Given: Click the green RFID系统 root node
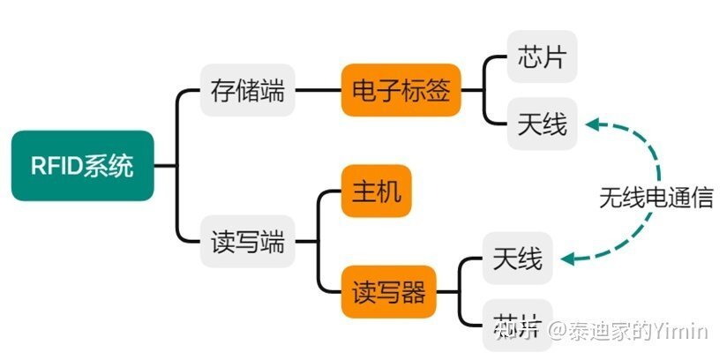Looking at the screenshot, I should pos(83,165).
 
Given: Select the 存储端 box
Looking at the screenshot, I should pos(248,90).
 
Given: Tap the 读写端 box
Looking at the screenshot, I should pos(248,241).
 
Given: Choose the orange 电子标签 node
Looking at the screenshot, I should pos(401,90).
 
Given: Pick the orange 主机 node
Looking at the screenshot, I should pos(377,191).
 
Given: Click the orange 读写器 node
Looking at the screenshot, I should pos(389,291).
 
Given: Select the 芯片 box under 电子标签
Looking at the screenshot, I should pos(542,57).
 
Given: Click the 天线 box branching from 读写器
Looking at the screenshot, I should pos(518,259).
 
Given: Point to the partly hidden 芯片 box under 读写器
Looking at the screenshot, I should pos(518,326).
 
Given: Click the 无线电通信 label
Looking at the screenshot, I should pos(656,196).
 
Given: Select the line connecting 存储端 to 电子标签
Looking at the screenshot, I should pos(318,90).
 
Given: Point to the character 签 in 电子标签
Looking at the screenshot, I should pos(438,90).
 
